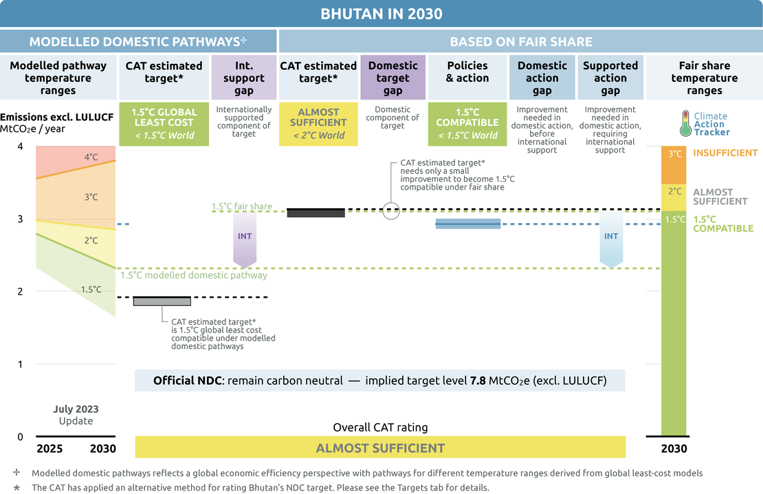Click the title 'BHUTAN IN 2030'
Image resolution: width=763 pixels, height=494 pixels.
pos(381,14)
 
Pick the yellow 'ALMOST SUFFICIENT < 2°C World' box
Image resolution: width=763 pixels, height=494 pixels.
pos(318,124)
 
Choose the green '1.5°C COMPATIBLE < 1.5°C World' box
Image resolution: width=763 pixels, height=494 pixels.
pos(467,124)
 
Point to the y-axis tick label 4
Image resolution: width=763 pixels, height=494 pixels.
pos(21,146)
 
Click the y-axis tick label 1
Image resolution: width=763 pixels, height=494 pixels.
pos(21,364)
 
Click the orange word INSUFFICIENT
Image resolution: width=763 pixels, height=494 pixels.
pos(725,153)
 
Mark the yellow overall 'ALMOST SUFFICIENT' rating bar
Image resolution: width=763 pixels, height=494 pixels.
pos(380,448)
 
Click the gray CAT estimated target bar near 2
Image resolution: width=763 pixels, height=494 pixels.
pos(162,301)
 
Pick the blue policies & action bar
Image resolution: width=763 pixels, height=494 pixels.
pos(467,224)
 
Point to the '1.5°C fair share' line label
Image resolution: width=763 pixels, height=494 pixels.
pos(241,206)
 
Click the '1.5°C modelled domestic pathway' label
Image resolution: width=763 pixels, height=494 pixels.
pos(194,276)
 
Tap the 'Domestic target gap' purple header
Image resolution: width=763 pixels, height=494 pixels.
pos(392,78)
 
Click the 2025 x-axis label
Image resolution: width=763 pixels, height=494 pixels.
pos(49,449)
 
